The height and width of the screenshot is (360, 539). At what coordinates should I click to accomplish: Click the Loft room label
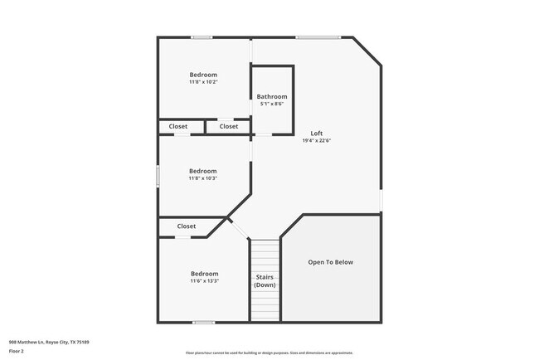coord(317,133)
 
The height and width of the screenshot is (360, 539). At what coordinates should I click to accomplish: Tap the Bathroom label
coord(272,96)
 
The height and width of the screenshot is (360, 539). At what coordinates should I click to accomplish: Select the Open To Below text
coord(331,262)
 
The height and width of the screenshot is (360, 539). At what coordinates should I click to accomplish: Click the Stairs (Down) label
coord(265,281)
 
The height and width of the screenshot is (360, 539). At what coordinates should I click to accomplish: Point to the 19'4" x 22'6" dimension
coord(317,141)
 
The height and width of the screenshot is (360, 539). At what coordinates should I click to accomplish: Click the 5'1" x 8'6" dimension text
coord(272,104)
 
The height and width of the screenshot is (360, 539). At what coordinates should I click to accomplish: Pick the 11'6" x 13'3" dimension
coord(204,281)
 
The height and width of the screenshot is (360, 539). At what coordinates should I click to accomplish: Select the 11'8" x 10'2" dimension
coord(204,82)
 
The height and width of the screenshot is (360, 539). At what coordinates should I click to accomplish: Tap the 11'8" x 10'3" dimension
coord(203,178)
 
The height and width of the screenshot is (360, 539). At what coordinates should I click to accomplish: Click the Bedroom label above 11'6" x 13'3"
coord(204,274)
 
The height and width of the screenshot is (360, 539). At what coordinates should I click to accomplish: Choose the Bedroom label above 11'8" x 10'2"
coord(204,75)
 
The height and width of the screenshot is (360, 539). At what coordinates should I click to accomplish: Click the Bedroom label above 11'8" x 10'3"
coord(203,171)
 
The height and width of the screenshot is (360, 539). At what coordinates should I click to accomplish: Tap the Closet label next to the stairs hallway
coord(187,226)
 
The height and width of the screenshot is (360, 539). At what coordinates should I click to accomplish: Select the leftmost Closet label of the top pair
coord(178,127)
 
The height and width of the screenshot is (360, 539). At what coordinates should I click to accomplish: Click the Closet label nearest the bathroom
coord(229,127)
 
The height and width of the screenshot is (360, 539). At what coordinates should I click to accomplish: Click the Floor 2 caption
coord(17,351)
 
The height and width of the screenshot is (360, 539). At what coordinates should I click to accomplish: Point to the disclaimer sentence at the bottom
coord(269,353)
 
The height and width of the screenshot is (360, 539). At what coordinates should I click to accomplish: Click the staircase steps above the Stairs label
coord(265,254)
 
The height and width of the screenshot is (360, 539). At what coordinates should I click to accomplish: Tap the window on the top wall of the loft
coord(318,37)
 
